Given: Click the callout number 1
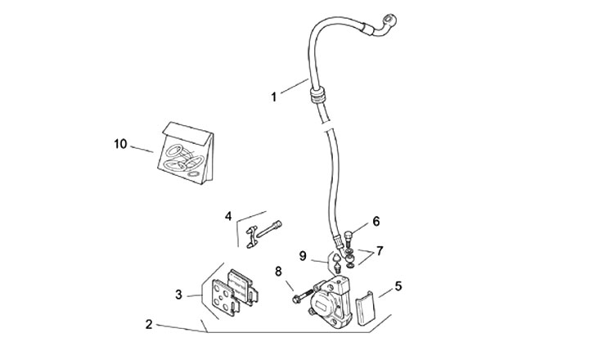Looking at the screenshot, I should tap(274, 97).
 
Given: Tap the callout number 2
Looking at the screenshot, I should tap(149, 324).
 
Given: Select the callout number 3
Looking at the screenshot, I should tap(178, 294).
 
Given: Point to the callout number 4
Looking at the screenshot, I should tap(229, 216).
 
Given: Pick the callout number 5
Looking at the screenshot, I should tap(398, 286).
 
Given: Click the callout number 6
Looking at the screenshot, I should tap(376, 221).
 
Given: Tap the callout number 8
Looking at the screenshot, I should tap(278, 271).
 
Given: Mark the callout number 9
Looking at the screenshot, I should tap(303, 256).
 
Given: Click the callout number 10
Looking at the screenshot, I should tap(120, 144).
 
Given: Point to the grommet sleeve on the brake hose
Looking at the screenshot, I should tap(315, 96).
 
